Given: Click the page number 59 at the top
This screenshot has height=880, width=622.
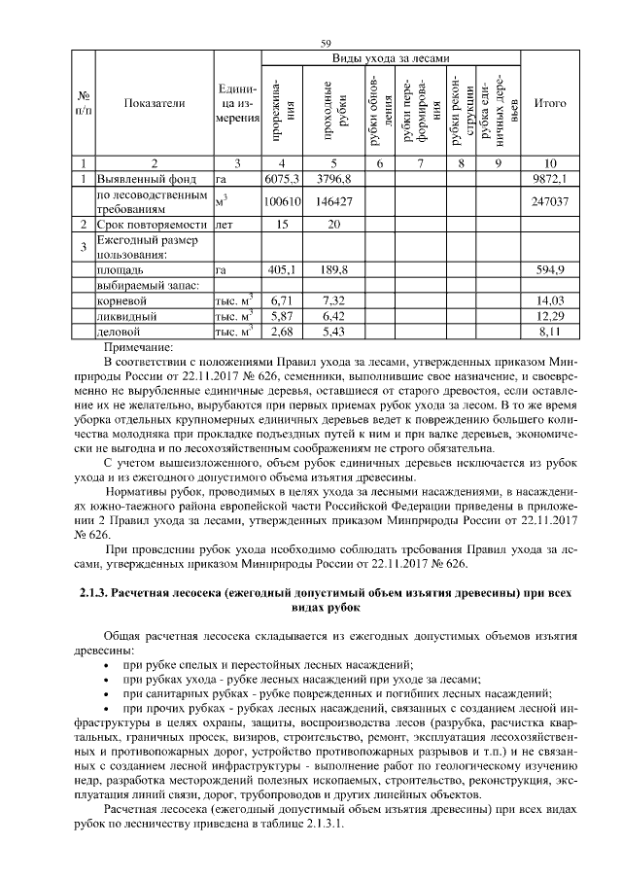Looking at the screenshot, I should click(x=326, y=44).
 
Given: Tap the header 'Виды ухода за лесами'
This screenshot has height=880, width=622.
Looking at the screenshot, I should click(x=392, y=58).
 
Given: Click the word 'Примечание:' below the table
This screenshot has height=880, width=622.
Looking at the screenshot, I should click(x=136, y=345).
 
